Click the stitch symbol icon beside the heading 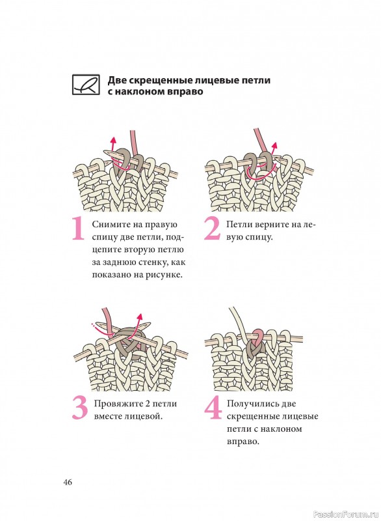86,85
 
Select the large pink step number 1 78,229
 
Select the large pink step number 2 212,229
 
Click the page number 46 68,482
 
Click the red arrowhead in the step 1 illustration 113,140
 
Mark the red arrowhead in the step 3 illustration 140,317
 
